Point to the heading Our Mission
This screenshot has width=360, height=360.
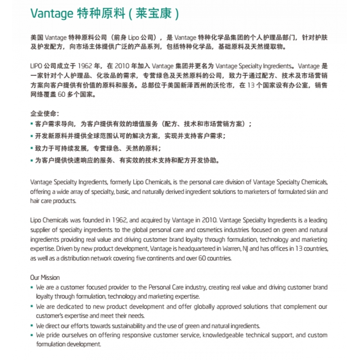45,277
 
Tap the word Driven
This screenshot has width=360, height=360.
63,249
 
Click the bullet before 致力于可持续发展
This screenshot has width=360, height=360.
31,148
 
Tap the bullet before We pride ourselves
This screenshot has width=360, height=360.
31,335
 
